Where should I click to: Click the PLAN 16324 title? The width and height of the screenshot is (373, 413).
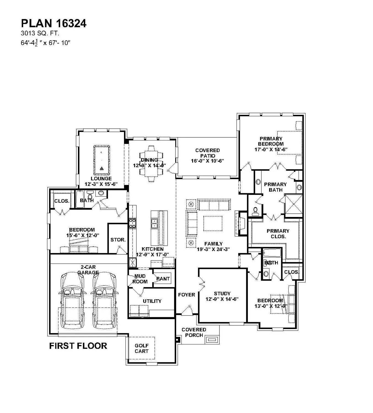54,24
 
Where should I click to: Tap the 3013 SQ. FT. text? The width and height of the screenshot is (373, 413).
40,34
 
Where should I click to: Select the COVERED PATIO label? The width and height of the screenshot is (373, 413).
207,156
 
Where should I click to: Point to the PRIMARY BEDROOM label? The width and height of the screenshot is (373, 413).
271,144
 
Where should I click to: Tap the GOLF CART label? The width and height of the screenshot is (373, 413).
141,348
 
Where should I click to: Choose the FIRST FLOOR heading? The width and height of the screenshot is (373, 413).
78,346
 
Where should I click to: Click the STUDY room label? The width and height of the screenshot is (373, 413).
222,296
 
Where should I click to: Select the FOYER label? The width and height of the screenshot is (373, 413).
187,295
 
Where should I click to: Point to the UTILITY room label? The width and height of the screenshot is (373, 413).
152,301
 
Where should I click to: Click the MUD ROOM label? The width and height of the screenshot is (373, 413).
140,279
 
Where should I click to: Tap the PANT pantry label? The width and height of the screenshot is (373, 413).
163,279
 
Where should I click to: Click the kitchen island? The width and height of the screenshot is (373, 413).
159,228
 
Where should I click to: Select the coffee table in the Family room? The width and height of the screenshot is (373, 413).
213,224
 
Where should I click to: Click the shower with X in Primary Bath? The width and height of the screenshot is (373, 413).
293,204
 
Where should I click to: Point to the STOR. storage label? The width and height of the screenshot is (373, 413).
118,240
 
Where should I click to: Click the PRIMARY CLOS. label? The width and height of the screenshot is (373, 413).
278,233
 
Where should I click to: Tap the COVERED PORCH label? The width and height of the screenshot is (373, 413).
194,332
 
